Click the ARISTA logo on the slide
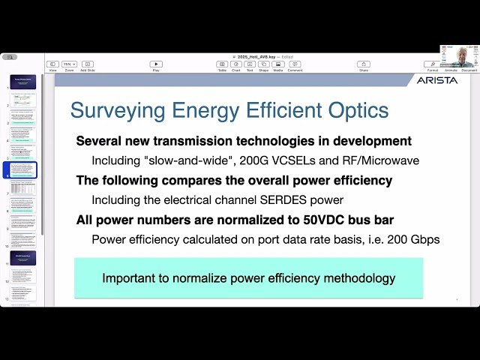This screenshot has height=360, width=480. tap(436, 80)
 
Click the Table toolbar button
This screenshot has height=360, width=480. tap(222, 64)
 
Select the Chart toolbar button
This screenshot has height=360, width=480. tap(236, 64)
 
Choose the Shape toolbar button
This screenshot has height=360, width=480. tap(264, 64)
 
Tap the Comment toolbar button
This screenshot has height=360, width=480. tap(295, 64)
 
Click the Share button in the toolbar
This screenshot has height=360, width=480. tap(364, 64)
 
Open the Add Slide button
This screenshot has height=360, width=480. tap(88, 64)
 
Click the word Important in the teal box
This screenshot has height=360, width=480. tap(130, 278)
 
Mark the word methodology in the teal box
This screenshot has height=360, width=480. tap(359, 278)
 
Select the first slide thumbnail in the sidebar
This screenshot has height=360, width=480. tap(22, 82)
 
